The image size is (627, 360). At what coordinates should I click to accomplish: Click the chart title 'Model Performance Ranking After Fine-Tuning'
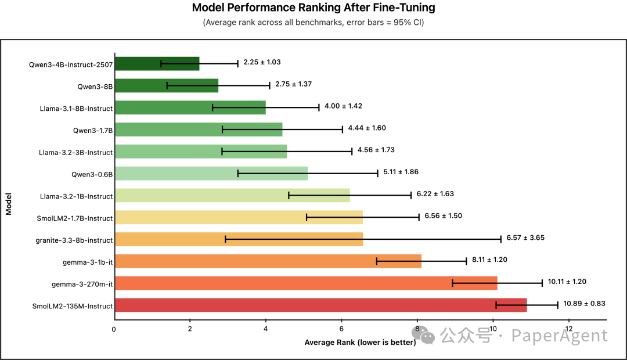pyautogui.click(x=313, y=8)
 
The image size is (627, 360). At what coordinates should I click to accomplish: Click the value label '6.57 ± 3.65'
pyautogui.click(x=525, y=238)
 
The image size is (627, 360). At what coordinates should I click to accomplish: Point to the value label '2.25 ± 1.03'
pyautogui.click(x=262, y=62)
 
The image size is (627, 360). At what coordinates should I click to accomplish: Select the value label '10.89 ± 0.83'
pyautogui.click(x=584, y=303)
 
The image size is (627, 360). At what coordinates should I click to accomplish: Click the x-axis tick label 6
pyautogui.click(x=341, y=329)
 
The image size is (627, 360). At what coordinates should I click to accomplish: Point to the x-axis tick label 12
pyautogui.click(x=568, y=329)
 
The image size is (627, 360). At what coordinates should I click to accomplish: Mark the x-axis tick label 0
pyautogui.click(x=114, y=329)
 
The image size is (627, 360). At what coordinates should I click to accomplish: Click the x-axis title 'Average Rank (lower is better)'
pyautogui.click(x=360, y=343)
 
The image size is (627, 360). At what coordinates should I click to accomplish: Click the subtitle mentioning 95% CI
pyautogui.click(x=313, y=23)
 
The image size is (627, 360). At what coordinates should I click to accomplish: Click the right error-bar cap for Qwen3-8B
pyautogui.click(x=270, y=85)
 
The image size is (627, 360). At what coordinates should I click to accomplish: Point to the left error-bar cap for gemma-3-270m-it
pyautogui.click(x=452, y=283)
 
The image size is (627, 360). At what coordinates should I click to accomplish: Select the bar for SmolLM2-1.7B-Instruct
pyautogui.click(x=239, y=217)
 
